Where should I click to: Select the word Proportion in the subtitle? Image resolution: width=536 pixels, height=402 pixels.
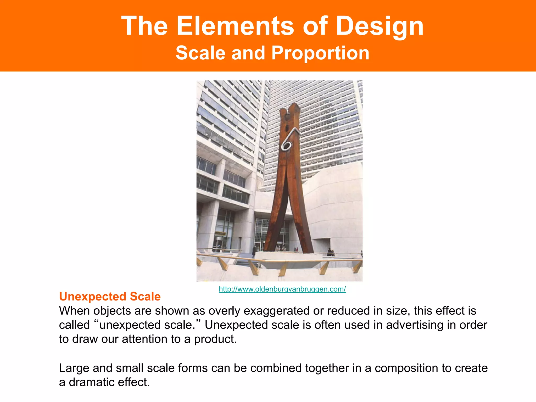coord(320,53)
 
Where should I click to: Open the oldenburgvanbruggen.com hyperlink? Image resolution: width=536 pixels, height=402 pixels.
coord(282,289)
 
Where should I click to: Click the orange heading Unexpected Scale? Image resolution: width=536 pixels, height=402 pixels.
coord(110,297)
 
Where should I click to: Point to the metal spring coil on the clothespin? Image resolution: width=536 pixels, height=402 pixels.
coord(287,145)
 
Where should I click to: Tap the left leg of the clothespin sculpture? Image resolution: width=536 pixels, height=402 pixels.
coord(275,222)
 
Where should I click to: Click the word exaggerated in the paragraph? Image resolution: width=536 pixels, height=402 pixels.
coord(276,311)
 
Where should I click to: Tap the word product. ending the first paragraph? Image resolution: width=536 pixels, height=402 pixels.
coord(215,339)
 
